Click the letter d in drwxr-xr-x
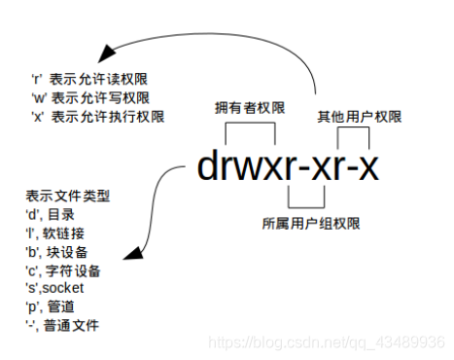point(208,167)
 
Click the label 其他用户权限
point(359,116)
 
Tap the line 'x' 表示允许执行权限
point(96,116)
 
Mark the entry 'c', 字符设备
point(57,270)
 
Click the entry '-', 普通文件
point(58,324)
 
